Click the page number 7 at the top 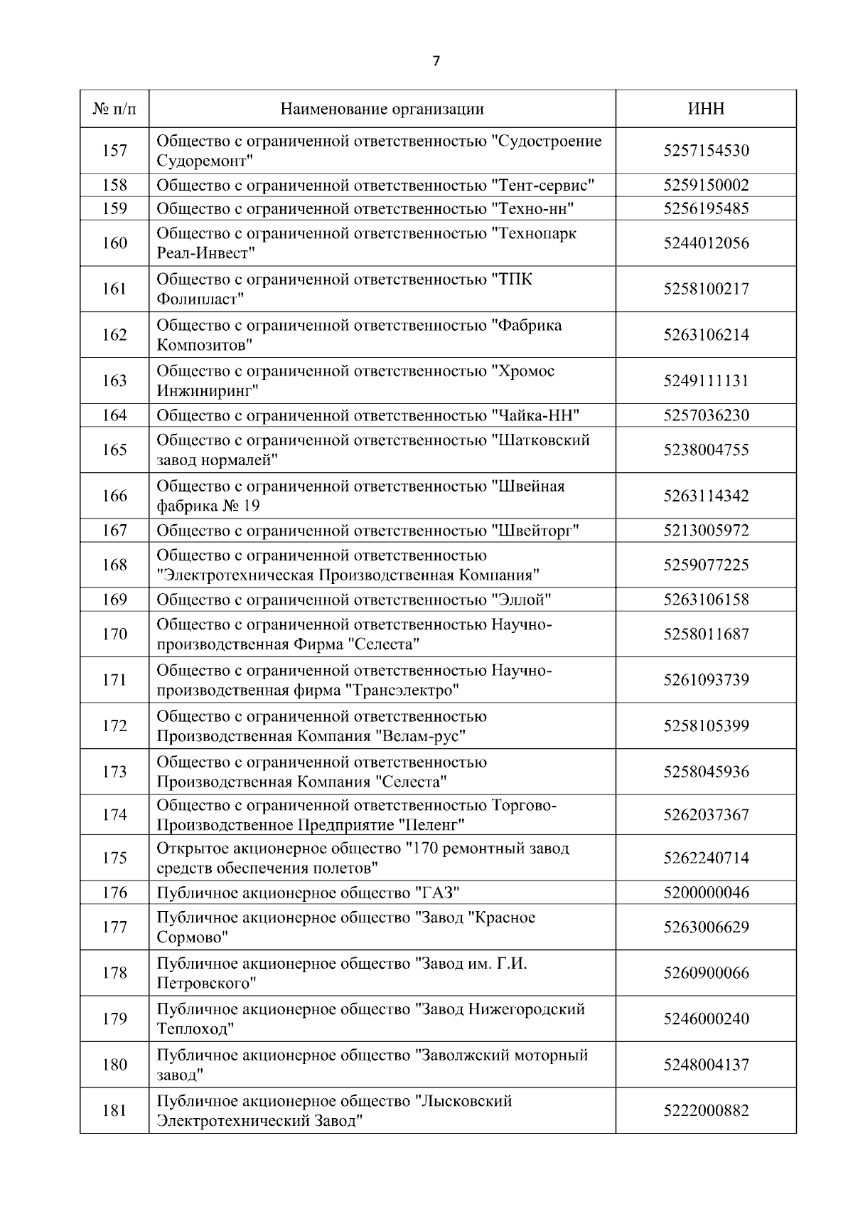(436, 61)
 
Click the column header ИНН (706, 109)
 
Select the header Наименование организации (382, 109)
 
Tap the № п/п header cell (114, 109)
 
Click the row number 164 (114, 415)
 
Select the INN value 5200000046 (706, 893)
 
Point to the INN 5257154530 (706, 151)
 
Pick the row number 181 (114, 1110)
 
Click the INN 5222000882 (706, 1110)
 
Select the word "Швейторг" (536, 531)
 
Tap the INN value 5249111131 (706, 381)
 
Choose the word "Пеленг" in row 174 (431, 825)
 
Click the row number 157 (114, 151)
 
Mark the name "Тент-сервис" (543, 186)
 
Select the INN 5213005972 (706, 531)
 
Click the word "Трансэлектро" (402, 690)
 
